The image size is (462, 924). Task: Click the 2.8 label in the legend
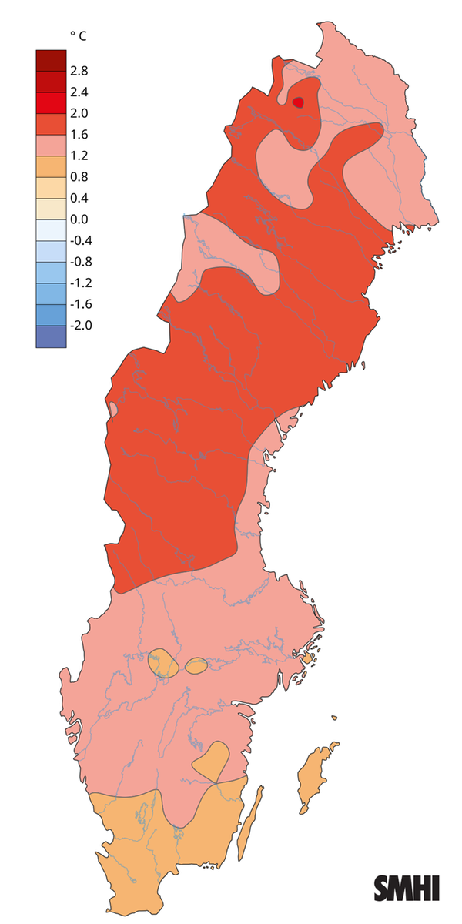pos(79,71)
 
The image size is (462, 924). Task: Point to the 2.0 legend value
pos(79,113)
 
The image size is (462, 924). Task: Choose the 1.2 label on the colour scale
pos(79,156)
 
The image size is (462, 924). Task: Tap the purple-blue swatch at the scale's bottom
pos(51,336)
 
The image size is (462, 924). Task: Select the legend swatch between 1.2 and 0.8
pos(51,166)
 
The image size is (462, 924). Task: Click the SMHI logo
pos(407,887)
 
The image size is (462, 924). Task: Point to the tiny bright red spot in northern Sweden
pos(299,102)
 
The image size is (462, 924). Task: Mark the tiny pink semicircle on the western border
pos(114,408)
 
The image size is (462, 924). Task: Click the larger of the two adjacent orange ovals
pos(162,663)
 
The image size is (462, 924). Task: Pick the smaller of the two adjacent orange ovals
pos(196,665)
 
